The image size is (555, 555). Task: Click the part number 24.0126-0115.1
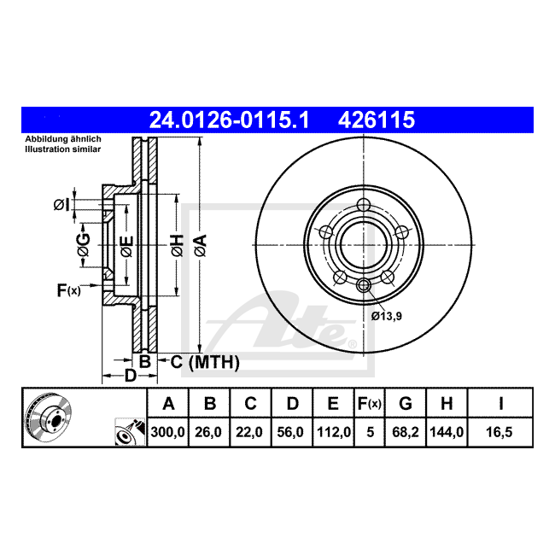point(230,120)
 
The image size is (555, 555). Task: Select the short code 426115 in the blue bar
point(377,120)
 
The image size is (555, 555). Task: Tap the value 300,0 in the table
point(167,432)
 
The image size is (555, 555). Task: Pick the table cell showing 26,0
point(208,432)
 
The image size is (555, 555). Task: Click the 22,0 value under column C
point(249,432)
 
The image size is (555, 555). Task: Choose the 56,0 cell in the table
point(290,432)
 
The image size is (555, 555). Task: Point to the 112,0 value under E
point(334,432)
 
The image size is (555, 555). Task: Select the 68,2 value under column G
point(406,432)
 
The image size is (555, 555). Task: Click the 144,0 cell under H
point(447,432)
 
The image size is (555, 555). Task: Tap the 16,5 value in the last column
point(499,432)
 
